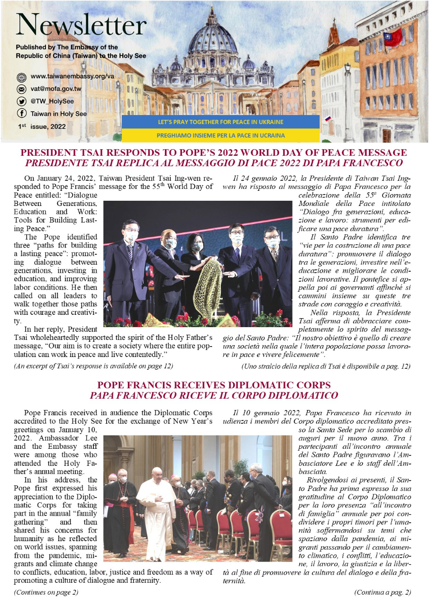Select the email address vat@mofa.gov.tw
pyautogui.click(x=56, y=89)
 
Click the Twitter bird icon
pyautogui.click(x=21, y=101)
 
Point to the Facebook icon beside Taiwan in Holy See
pyautogui.click(x=21, y=114)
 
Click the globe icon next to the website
pyautogui.click(x=21, y=77)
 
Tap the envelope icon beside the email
pyautogui.click(x=21, y=89)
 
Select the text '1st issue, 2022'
pyautogui.click(x=41, y=127)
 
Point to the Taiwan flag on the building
pyautogui.click(x=393, y=37)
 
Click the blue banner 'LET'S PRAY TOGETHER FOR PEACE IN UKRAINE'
pyautogui.click(x=220, y=122)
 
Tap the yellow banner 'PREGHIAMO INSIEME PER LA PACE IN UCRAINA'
pyautogui.click(x=220, y=135)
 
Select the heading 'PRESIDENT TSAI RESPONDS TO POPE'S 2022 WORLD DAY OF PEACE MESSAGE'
pyautogui.click(x=214, y=153)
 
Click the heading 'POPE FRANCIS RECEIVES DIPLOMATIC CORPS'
pyautogui.click(x=214, y=385)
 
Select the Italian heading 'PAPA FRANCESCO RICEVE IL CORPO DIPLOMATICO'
pyautogui.click(x=214, y=395)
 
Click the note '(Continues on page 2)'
pyautogui.click(x=46, y=592)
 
